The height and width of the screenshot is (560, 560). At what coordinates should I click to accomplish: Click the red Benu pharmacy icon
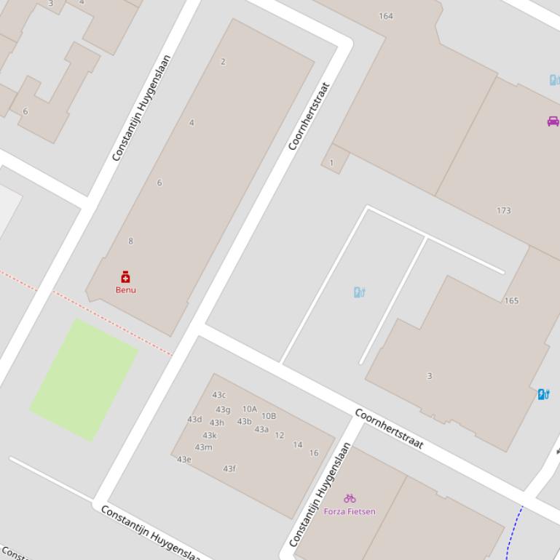coord(125,276)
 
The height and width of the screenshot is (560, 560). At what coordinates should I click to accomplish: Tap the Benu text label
coord(125,289)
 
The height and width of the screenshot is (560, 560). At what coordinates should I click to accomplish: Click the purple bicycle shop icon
coord(350,498)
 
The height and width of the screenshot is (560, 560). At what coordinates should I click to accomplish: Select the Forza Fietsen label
coord(350,511)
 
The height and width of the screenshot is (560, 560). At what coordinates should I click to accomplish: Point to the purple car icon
coord(553,121)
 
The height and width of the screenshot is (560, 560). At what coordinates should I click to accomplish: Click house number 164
coord(386,16)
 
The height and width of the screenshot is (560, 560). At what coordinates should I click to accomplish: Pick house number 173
coord(503,211)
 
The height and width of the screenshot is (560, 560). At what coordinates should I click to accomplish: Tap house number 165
coord(511,300)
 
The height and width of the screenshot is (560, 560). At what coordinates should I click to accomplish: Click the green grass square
coord(84,379)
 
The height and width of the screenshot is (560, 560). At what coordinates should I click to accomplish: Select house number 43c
coord(218,395)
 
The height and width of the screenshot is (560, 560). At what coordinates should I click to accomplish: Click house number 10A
coord(250,409)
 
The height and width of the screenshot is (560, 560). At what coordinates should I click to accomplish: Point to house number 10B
coord(269,417)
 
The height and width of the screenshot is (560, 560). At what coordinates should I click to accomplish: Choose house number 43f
coord(229,469)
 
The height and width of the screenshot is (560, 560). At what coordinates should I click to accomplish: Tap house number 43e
coord(184,460)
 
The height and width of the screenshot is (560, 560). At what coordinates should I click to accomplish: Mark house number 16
coord(314,453)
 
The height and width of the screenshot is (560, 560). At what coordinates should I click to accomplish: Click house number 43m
coord(203,447)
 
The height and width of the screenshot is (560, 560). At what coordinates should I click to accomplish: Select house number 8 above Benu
coord(131,241)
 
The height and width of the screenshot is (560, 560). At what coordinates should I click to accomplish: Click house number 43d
coord(194,420)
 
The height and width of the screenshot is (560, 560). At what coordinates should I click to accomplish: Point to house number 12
coord(280,436)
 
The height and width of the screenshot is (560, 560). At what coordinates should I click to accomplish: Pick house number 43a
coord(261,430)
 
